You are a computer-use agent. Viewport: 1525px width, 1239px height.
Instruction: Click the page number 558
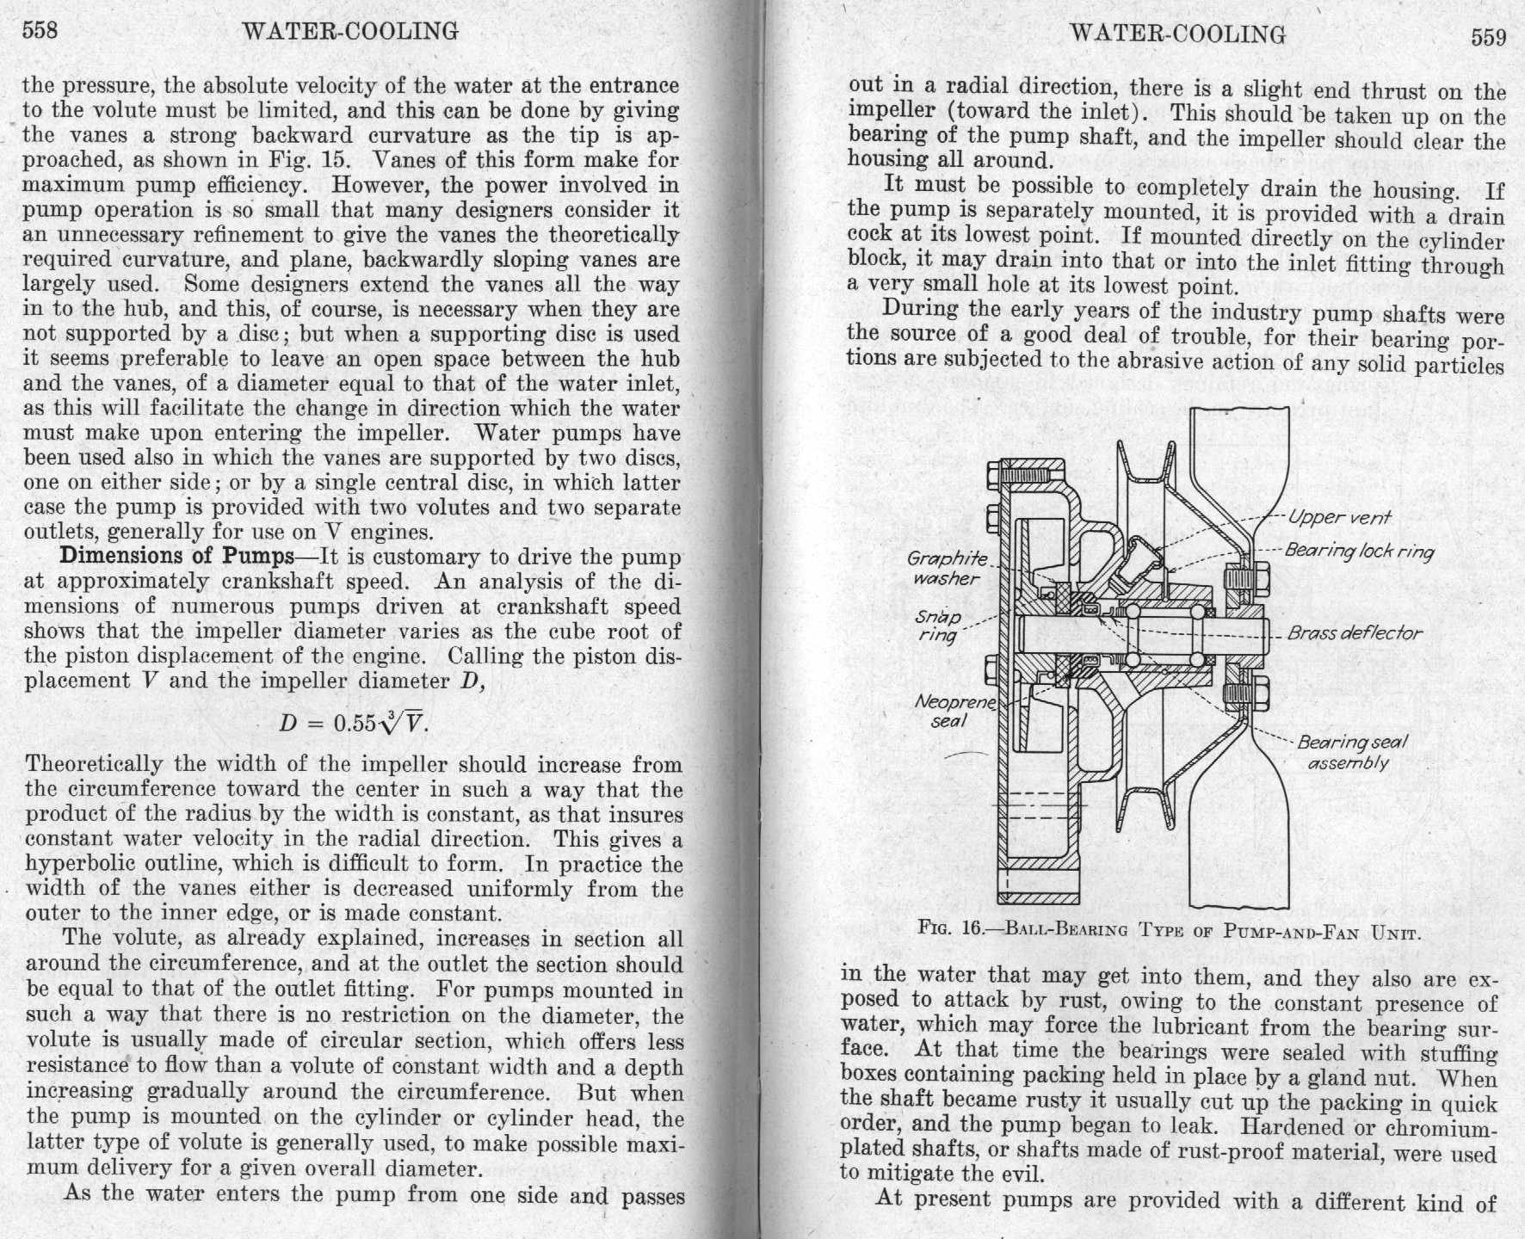click(40, 31)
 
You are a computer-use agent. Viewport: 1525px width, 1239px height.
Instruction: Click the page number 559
click(1488, 37)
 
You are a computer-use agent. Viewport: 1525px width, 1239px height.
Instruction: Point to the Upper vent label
click(1339, 517)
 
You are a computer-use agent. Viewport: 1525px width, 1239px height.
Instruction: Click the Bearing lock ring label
click(1359, 551)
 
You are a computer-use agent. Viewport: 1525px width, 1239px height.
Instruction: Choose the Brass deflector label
click(1355, 633)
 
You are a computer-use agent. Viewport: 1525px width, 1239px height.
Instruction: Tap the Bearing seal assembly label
click(1351, 752)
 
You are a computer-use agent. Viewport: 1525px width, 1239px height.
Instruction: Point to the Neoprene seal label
click(954, 711)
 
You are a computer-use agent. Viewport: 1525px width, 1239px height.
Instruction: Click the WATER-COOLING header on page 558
click(351, 32)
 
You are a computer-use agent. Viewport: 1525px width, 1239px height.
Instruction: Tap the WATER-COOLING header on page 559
click(1177, 34)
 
